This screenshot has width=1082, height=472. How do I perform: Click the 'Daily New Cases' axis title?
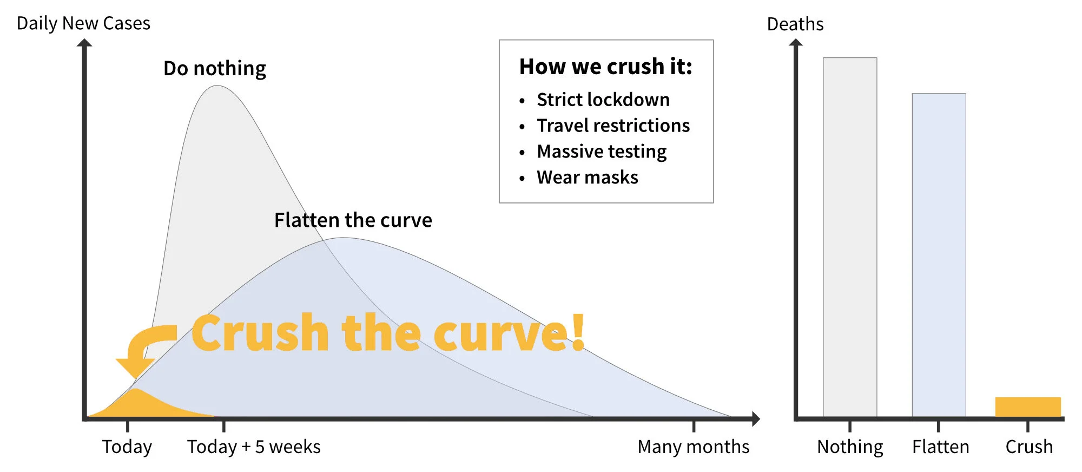83,23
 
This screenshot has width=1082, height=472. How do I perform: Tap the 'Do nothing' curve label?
215,69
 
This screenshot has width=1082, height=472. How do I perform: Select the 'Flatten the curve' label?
353,220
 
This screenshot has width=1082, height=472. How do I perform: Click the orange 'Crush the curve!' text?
387,333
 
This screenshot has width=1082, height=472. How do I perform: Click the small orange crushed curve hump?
138,404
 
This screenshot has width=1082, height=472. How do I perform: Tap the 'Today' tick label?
127,447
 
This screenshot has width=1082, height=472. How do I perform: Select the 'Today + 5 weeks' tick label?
254,447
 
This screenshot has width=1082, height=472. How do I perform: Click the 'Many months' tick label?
693,447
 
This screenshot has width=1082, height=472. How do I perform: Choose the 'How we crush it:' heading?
605,67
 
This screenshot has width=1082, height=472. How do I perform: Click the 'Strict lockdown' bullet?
603,100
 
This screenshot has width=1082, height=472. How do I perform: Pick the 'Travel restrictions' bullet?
613,126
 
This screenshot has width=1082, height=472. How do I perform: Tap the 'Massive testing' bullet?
602,152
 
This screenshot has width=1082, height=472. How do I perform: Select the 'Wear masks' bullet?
588,178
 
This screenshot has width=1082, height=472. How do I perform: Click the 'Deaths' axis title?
795,24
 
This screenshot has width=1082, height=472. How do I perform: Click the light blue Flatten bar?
939,254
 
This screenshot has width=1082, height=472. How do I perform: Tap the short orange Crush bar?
1027,407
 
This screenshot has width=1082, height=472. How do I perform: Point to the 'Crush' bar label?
1029,447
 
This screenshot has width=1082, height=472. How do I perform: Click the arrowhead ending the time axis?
755,418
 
